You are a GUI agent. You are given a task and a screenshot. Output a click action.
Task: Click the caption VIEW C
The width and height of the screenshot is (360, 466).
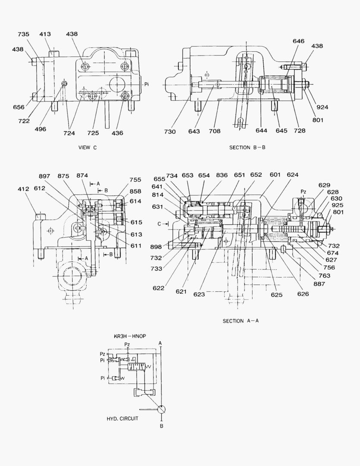[x=88, y=148]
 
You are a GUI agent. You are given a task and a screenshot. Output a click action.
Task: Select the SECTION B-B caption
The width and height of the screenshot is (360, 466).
[x=247, y=148]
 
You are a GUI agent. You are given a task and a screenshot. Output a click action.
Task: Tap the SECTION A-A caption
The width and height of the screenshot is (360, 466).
[x=241, y=321]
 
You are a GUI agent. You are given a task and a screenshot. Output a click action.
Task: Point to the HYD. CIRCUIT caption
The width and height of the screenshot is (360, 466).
[x=122, y=419]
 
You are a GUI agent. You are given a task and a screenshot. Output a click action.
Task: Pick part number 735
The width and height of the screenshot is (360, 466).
[x=24, y=34]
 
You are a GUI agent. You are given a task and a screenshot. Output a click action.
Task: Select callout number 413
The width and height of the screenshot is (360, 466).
[x=45, y=34]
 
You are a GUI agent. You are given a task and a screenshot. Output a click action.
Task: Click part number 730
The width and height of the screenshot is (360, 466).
[x=170, y=132]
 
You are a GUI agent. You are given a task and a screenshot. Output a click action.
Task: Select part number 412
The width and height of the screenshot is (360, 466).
[x=24, y=189]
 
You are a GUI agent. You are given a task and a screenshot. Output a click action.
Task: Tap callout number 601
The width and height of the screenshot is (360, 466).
[x=275, y=175]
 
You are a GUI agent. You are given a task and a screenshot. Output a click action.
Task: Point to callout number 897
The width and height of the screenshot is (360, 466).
[x=44, y=176]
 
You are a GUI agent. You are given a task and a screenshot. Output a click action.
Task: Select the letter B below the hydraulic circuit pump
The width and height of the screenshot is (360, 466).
[x=161, y=426]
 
